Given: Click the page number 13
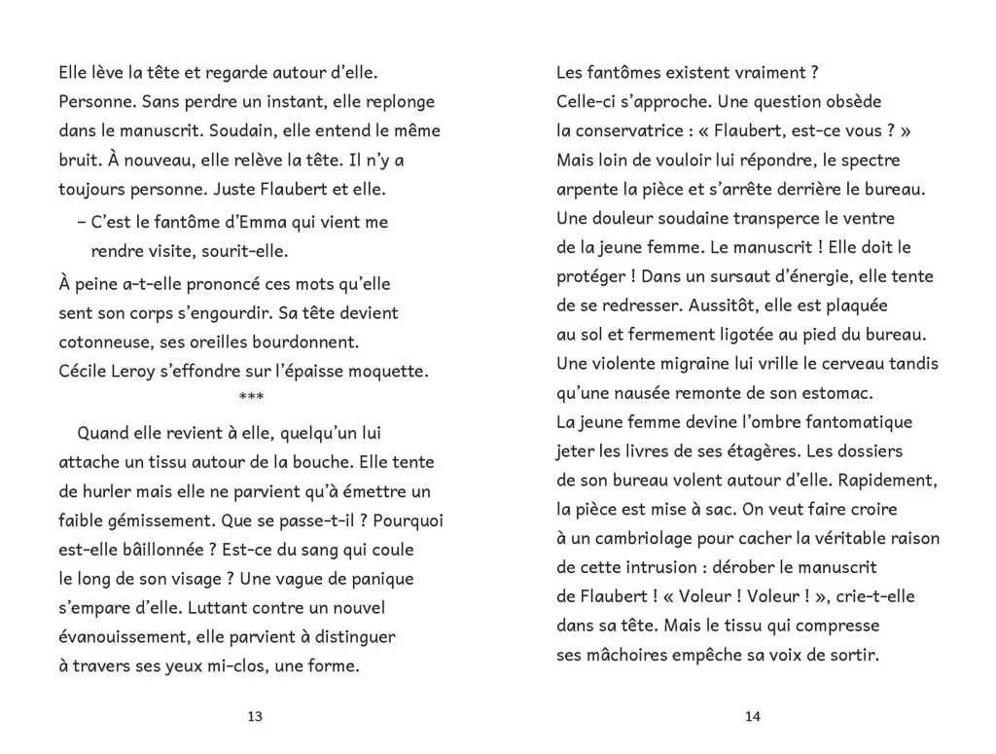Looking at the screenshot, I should coord(255,717).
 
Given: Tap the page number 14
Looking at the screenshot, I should coord(752,717).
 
